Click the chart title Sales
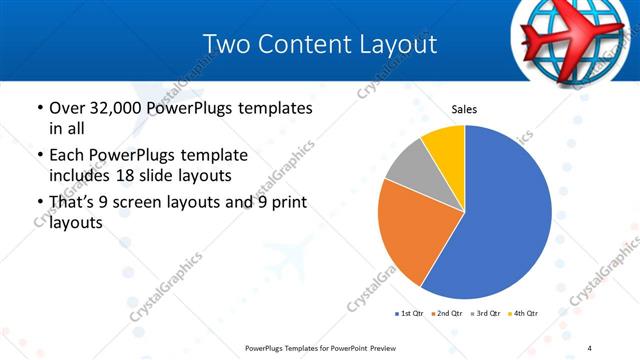point(464,109)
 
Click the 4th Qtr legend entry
point(523,314)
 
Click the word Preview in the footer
point(376,348)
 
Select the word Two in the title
point(225,44)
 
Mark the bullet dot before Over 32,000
point(38,107)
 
